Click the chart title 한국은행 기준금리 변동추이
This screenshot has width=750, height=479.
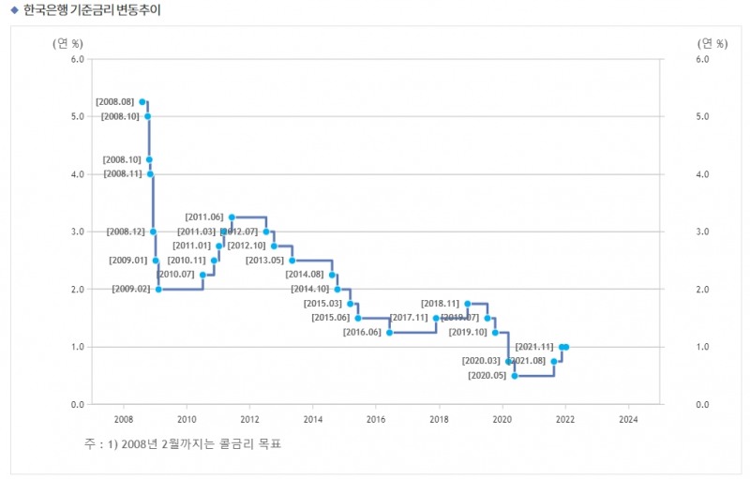(x=86, y=11)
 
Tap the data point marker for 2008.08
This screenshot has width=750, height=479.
(x=142, y=101)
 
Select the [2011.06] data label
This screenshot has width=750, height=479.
(x=204, y=217)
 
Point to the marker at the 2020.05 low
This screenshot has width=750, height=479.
(x=515, y=376)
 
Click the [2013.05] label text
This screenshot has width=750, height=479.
(x=264, y=261)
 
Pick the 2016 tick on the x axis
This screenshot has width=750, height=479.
(x=376, y=419)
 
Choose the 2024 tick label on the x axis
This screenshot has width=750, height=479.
(x=628, y=419)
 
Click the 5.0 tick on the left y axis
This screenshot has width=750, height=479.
(x=78, y=117)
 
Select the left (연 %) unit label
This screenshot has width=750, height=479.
(x=67, y=43)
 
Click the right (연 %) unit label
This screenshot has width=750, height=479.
(x=712, y=43)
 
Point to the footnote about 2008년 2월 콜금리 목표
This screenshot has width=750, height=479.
(x=183, y=443)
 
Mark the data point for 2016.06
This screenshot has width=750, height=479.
(x=390, y=333)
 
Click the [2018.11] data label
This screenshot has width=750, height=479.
(x=440, y=304)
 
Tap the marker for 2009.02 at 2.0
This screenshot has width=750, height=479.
(x=158, y=290)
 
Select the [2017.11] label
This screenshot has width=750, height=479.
(x=409, y=319)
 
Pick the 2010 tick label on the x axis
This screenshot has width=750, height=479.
(x=187, y=419)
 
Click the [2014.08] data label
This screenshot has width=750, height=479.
(x=304, y=276)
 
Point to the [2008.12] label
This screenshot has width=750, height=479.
(x=125, y=232)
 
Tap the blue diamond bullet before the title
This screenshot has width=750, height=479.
(x=13, y=11)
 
